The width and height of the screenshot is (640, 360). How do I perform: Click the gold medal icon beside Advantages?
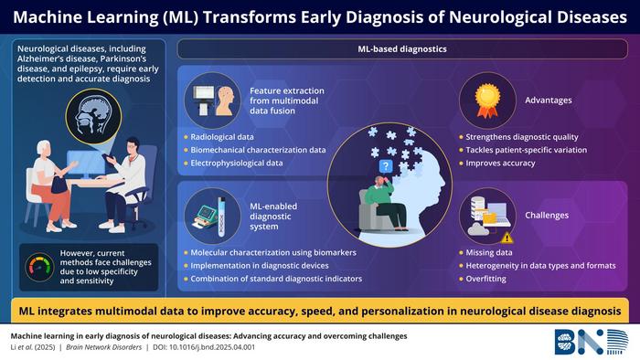coord(485,96)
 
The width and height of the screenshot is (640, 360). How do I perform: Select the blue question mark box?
coord(385,166)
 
